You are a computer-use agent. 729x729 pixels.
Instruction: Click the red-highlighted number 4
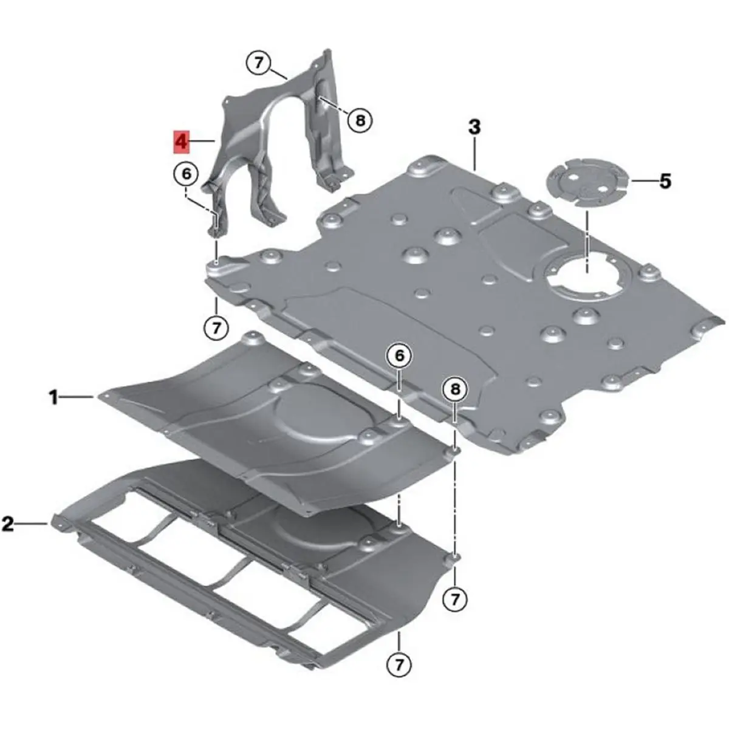tap(181, 142)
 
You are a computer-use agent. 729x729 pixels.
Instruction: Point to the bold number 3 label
tap(474, 128)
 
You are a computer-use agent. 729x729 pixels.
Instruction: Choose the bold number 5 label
tap(665, 181)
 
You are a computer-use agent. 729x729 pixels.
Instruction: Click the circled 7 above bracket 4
tap(258, 63)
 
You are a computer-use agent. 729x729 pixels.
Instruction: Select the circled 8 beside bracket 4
tap(360, 121)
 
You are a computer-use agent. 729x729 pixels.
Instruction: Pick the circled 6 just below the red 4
tap(187, 174)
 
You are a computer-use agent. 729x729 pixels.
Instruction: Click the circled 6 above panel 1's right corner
tap(400, 355)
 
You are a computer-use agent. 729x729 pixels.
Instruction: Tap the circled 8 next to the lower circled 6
tap(455, 389)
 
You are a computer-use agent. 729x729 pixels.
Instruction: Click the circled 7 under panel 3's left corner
tap(216, 327)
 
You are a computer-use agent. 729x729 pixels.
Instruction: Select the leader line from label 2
tap(32, 524)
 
